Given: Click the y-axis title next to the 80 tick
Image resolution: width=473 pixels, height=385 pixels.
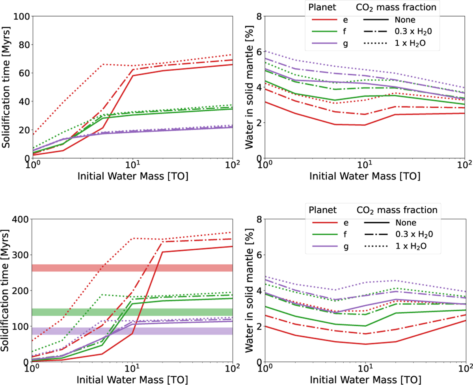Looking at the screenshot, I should [6, 87].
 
